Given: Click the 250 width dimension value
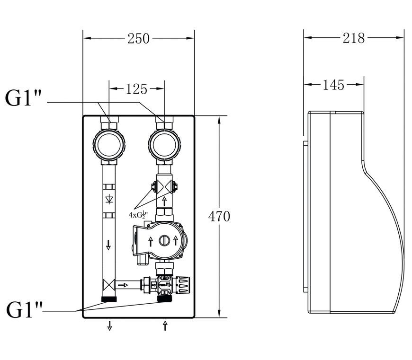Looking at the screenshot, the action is (138, 39).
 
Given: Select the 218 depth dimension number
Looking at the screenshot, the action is (354, 38).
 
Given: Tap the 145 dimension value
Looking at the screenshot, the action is (333, 85).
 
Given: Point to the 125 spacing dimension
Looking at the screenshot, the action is (137, 89).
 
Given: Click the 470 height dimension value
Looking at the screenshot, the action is (219, 217).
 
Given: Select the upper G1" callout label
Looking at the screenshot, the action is (23, 98).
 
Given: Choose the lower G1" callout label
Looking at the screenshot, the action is (24, 310).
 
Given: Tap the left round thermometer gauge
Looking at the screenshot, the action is (109, 145).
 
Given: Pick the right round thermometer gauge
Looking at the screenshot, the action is (164, 145).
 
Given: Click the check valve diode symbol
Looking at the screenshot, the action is (109, 200).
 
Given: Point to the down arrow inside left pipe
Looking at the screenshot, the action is (108, 245).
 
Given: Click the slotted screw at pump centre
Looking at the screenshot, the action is (164, 240).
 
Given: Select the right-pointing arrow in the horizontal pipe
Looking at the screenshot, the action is (123, 285).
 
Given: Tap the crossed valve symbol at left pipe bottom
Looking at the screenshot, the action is (109, 285).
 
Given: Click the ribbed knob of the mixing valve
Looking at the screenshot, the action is (183, 285).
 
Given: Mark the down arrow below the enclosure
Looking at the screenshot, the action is (109, 325).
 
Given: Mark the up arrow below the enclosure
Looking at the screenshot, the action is (165, 325).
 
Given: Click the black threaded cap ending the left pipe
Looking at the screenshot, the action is (109, 299).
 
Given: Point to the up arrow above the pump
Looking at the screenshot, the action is (164, 201).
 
